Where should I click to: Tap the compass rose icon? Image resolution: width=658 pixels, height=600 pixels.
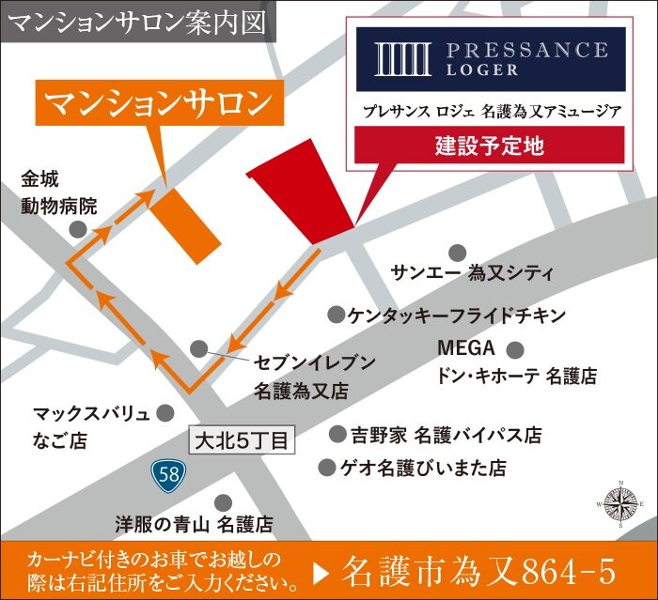tap(619, 507)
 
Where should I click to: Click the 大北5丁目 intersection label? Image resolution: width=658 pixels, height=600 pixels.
tap(243, 438)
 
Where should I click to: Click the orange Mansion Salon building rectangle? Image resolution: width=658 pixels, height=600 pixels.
tap(186, 219)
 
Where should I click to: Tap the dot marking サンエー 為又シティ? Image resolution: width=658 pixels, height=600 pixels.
tap(457, 252)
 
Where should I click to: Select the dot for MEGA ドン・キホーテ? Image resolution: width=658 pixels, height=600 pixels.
tap(514, 350)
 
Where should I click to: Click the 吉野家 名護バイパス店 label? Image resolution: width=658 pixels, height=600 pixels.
tap(446, 436)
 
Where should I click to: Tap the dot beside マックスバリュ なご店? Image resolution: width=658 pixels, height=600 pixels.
tap(165, 412)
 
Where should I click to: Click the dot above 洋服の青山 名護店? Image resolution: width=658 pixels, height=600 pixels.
tap(224, 503)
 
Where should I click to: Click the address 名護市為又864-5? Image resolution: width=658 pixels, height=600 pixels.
tap(479, 570)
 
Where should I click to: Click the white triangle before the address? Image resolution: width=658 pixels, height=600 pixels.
tap(321, 570)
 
